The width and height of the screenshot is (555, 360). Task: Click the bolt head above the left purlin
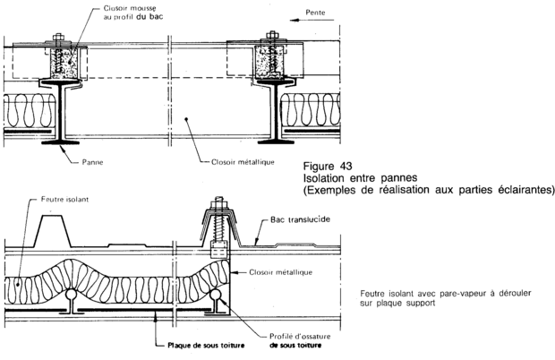pyautogui.click(x=56, y=39)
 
